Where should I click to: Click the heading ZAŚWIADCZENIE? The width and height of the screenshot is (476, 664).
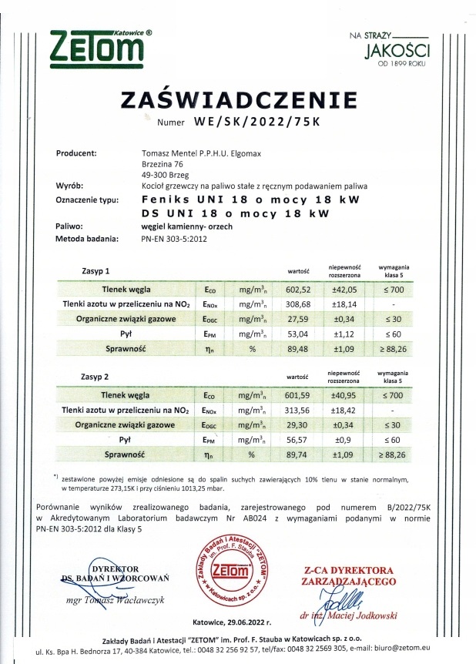point(239,100)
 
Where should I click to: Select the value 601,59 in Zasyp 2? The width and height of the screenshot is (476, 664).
point(298,394)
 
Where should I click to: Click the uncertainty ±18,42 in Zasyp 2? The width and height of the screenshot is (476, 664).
point(340,409)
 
